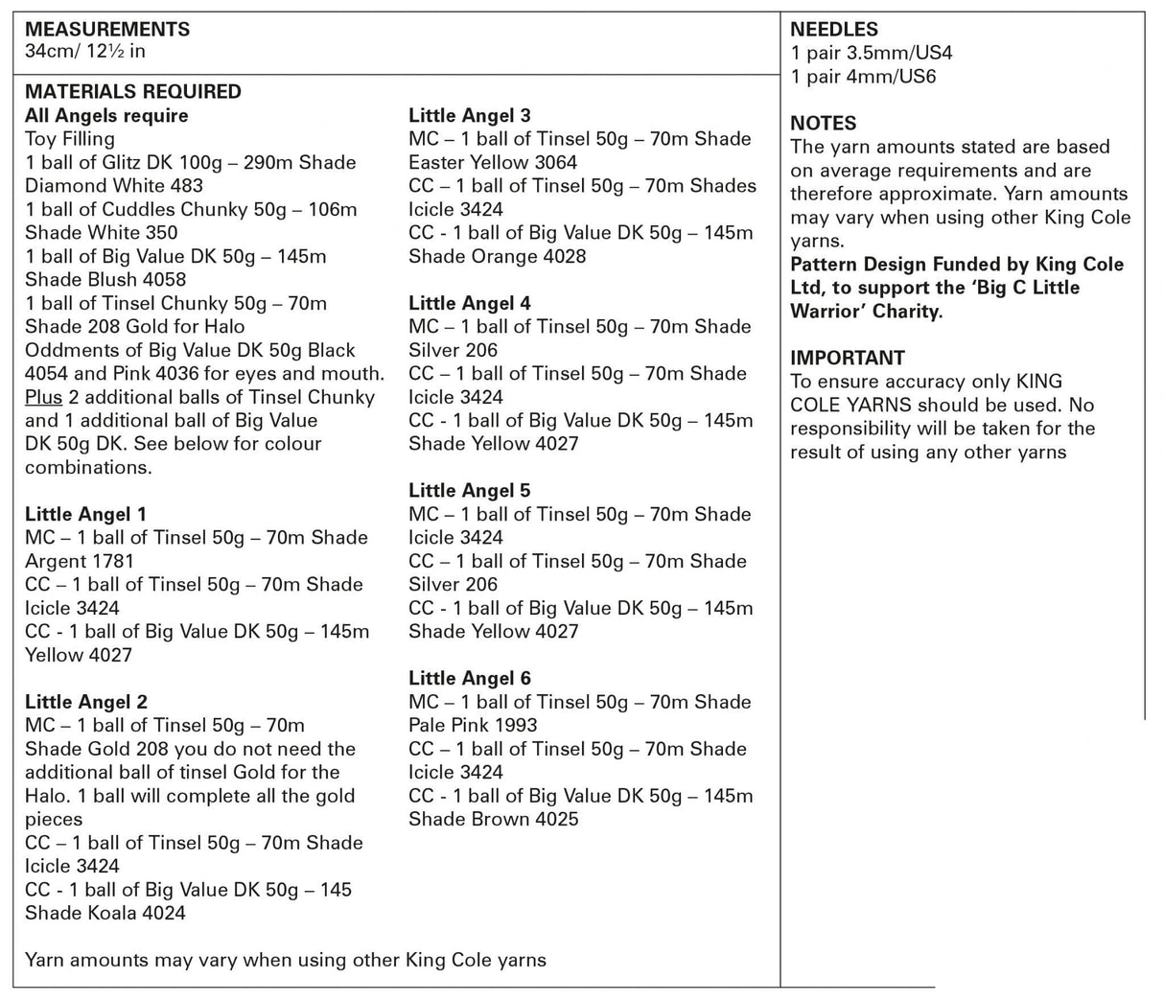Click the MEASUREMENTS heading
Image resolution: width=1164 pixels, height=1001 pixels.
pyautogui.click(x=107, y=30)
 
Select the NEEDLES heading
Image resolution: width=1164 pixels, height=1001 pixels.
pyautogui.click(x=833, y=30)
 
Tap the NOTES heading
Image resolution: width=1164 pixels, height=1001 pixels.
pyautogui.click(x=823, y=124)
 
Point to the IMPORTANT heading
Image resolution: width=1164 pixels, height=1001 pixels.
pyautogui.click(x=847, y=358)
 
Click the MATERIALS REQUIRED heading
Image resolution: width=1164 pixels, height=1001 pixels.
pyautogui.click(x=132, y=92)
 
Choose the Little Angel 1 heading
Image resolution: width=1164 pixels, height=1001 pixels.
pyautogui.click(x=85, y=514)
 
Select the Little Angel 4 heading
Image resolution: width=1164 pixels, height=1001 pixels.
pyautogui.click(x=469, y=303)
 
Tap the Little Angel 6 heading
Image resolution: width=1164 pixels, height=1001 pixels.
pyautogui.click(x=469, y=678)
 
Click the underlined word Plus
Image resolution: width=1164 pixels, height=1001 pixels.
pyautogui.click(x=43, y=397)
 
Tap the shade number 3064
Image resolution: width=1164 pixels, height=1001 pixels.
pyautogui.click(x=555, y=162)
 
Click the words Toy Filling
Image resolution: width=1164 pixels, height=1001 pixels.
pyautogui.click(x=69, y=139)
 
